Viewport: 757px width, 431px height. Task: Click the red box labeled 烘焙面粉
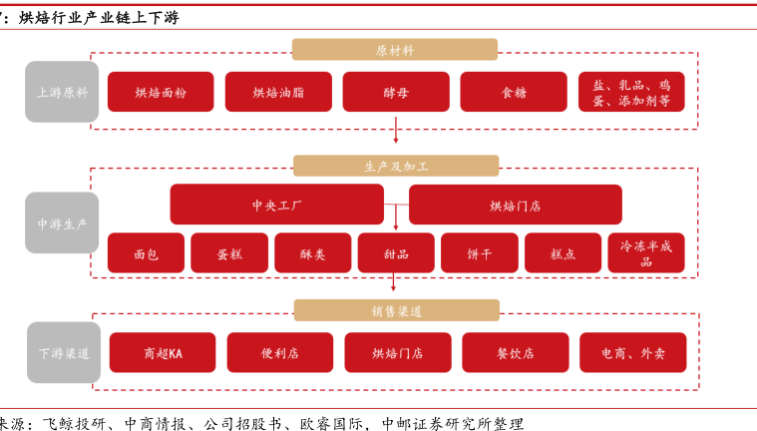coord(161,92)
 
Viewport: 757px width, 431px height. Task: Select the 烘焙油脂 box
coord(278,92)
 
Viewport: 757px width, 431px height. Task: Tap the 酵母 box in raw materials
coord(395,92)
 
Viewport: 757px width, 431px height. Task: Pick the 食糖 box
coord(513,92)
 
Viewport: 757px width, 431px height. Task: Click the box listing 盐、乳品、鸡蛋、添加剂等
coord(631,92)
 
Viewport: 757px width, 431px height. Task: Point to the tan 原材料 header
coord(395,50)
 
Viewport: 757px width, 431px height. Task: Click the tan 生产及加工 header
coord(396,166)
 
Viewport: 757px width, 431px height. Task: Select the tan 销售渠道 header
coord(396,311)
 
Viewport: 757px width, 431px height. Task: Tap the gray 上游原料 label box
coord(62,92)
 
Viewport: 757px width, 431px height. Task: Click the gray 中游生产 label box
coord(62,223)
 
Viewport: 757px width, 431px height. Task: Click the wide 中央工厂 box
coord(276,205)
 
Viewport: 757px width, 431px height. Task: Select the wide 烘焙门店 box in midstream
coord(515,205)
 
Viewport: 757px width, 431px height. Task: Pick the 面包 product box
coord(146,253)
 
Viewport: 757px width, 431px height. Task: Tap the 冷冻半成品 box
coord(645,253)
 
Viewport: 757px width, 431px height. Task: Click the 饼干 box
coord(479,253)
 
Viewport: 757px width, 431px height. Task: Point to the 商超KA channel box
coord(163,353)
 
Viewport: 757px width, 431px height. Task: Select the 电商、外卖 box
coord(632,353)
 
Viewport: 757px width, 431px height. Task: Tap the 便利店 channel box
coord(279,353)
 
